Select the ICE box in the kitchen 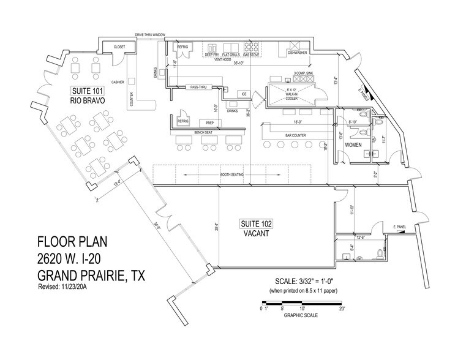[x=243, y=94]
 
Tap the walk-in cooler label [x=291, y=94]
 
